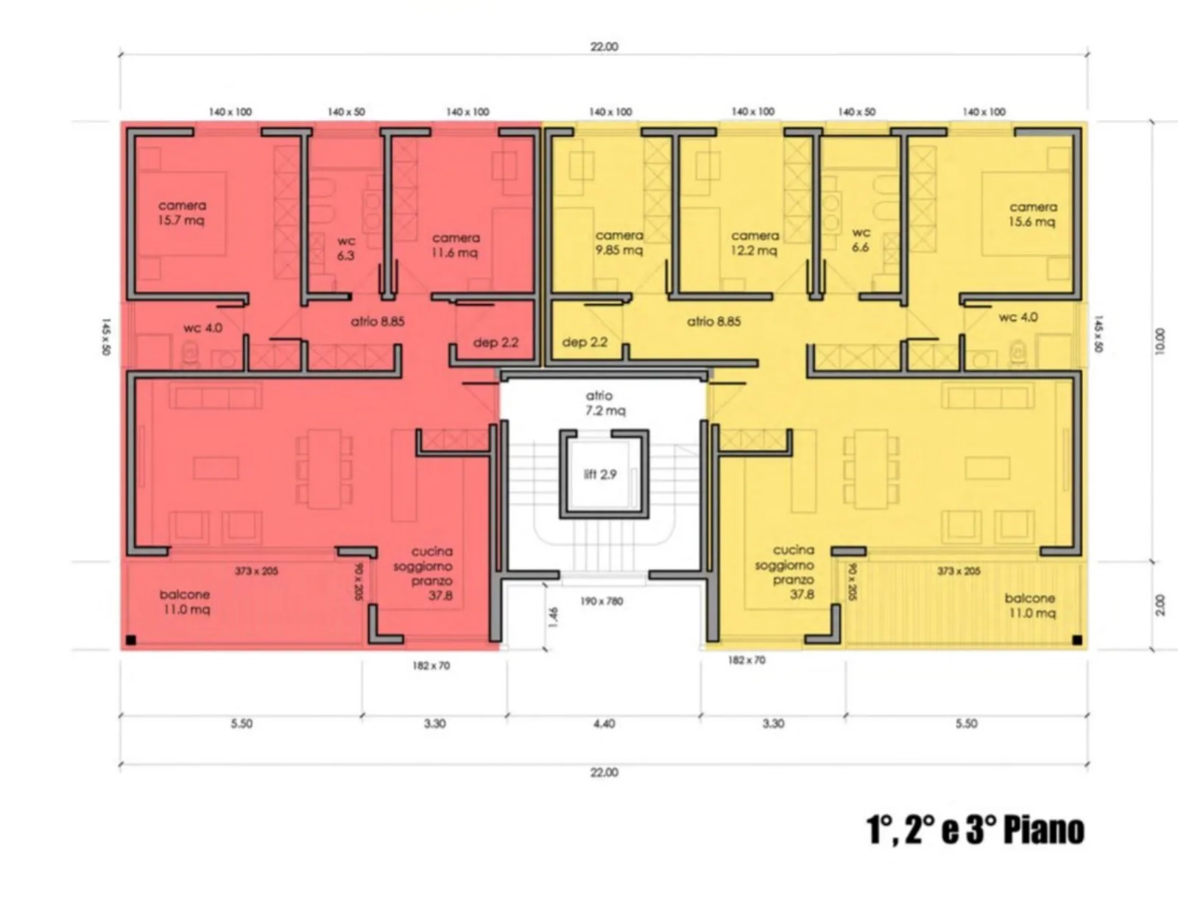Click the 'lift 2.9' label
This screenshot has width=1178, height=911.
[600, 474]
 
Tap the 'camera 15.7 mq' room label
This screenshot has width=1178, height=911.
[182, 213]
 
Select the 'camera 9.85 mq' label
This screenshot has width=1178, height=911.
[619, 242]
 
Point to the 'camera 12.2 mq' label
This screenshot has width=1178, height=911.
[755, 243]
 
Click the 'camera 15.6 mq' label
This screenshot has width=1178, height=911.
[1033, 214]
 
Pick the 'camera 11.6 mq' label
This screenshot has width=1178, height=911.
[455, 245]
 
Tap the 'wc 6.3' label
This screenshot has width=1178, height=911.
[346, 247]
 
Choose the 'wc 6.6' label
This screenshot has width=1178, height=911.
[861, 239]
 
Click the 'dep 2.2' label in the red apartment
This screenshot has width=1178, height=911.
[495, 342]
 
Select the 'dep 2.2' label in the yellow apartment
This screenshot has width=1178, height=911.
[585, 342]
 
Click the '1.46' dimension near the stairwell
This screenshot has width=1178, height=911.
[553, 618]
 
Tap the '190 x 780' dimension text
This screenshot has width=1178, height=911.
[602, 602]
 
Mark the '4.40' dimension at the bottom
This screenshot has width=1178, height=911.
[604, 724]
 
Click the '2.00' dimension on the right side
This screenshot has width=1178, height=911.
[1160, 605]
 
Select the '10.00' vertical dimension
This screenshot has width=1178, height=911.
[1159, 342]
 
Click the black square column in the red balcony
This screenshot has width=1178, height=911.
[130, 641]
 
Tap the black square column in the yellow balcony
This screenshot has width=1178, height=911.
[1077, 641]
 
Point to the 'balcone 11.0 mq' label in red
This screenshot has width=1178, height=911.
[186, 602]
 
